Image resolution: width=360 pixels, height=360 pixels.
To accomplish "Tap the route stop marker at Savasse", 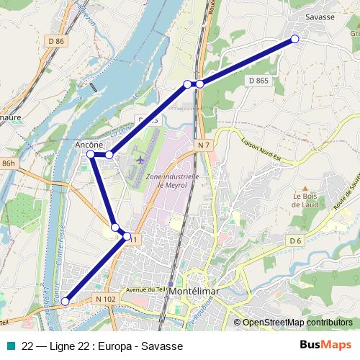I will pos(294,39).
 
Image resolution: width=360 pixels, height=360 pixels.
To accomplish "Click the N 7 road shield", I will pos(204,145).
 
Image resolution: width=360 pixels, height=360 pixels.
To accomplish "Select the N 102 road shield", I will pos(104,298).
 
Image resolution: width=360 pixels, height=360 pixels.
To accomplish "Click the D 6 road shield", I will pos(294,240).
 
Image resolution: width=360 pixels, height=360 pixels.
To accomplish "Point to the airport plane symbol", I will pos(140,158).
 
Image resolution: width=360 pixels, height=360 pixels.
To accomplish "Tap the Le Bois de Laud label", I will pos(305,199).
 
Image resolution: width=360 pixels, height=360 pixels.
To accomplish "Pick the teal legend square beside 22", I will pos(9,346).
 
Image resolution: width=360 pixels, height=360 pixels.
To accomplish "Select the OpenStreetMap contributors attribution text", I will pos(297,323).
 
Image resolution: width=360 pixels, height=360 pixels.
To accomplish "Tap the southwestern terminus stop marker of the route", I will pos(66,302).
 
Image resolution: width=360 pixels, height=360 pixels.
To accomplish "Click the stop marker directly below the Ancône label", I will pos(91,155).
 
